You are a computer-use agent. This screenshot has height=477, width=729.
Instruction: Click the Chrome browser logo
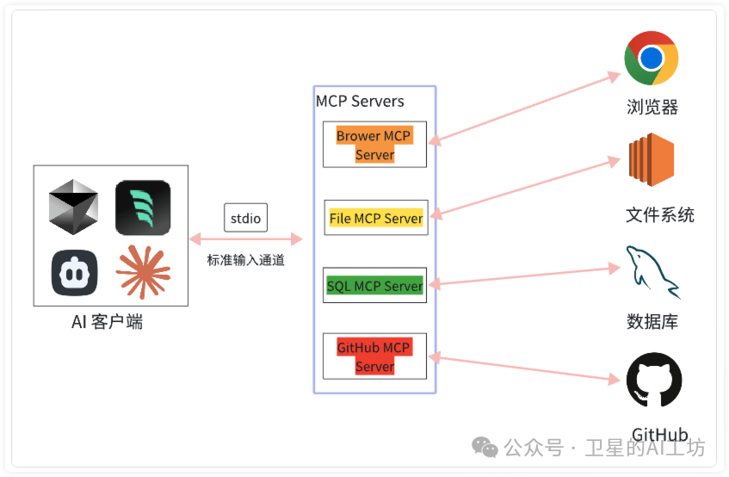[x=652, y=59]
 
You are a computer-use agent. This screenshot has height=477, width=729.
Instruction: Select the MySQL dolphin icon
[x=652, y=271]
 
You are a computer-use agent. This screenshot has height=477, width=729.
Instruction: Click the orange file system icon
[x=652, y=160]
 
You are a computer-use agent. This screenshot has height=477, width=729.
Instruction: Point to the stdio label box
[x=246, y=218]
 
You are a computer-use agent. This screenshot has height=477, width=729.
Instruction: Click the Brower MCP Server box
[x=374, y=145]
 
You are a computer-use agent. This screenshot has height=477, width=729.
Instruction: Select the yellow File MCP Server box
[x=375, y=219]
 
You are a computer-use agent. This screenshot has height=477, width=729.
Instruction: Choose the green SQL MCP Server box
[x=375, y=286]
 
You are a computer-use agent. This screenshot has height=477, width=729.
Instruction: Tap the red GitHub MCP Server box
[x=374, y=356]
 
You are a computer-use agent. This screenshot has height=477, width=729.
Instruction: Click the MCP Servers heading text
[x=360, y=101]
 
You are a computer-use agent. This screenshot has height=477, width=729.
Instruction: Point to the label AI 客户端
[x=108, y=323]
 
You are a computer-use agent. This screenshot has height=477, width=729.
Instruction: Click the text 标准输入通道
[x=245, y=260]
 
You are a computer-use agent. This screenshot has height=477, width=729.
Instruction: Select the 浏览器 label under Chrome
[x=652, y=108]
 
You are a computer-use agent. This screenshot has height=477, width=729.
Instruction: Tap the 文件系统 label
[x=659, y=214]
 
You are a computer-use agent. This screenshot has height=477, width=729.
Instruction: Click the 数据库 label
[x=652, y=322]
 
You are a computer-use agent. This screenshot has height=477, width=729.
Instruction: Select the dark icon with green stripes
[x=143, y=208]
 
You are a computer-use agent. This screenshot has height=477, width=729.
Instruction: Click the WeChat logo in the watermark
[x=484, y=447]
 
